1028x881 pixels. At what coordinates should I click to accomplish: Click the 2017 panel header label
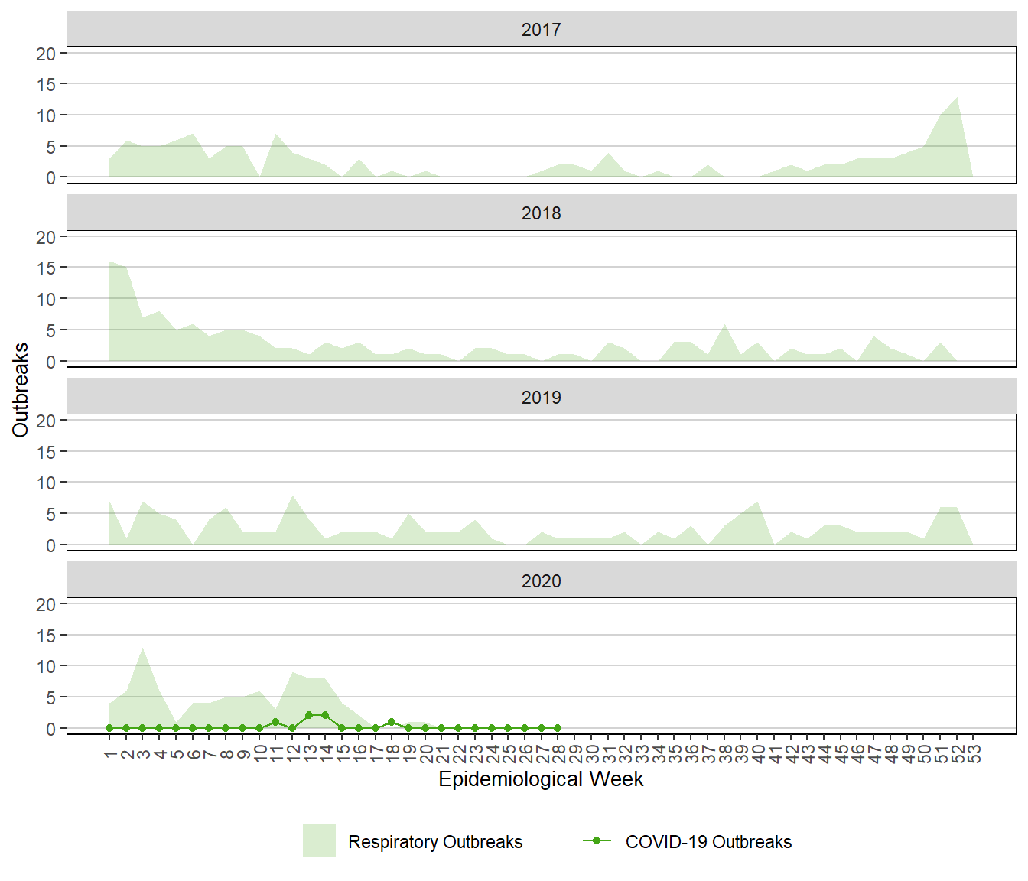(541, 30)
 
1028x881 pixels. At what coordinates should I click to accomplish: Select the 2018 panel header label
(541, 213)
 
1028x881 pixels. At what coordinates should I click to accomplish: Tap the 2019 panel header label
(541, 398)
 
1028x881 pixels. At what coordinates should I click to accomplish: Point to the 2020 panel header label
(541, 581)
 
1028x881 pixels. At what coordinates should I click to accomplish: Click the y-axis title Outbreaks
(21, 390)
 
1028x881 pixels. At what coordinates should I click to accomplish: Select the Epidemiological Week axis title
(541, 779)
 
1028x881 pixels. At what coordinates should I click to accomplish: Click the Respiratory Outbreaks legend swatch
(319, 840)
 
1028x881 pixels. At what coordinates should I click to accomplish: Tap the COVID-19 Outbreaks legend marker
(597, 840)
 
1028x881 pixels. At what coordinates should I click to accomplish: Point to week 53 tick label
(974, 755)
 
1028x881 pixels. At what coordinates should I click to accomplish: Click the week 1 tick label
(110, 755)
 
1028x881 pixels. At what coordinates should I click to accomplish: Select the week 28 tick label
(558, 755)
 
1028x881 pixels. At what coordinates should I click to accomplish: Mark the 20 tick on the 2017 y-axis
(46, 54)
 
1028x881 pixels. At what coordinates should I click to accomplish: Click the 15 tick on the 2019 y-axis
(46, 452)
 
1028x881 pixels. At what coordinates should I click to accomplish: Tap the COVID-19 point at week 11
(275, 722)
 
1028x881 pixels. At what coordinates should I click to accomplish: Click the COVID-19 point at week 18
(392, 722)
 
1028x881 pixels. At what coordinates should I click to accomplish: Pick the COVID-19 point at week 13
(309, 715)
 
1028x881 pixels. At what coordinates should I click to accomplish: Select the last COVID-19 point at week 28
(558, 728)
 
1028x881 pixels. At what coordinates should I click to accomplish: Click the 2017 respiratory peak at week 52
(957, 97)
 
